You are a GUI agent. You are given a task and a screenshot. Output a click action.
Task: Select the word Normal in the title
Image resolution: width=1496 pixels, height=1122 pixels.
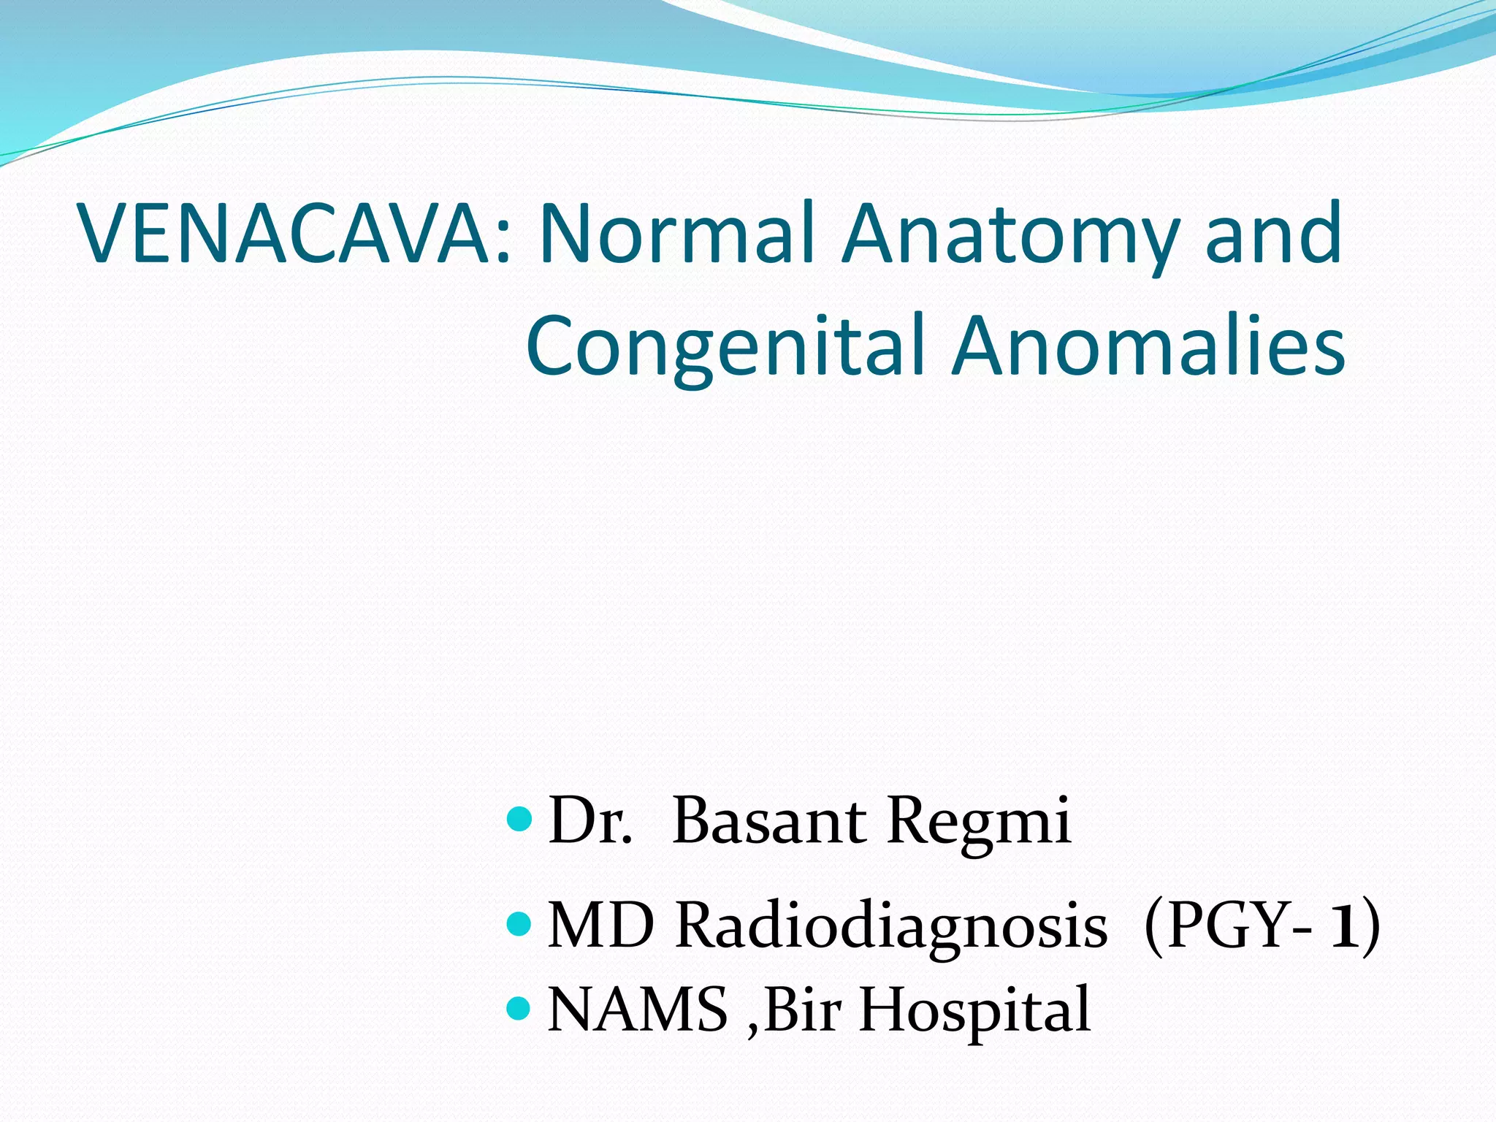tap(676, 234)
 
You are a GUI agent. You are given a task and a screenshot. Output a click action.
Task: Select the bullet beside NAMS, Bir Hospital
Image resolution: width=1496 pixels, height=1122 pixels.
tap(519, 1009)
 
